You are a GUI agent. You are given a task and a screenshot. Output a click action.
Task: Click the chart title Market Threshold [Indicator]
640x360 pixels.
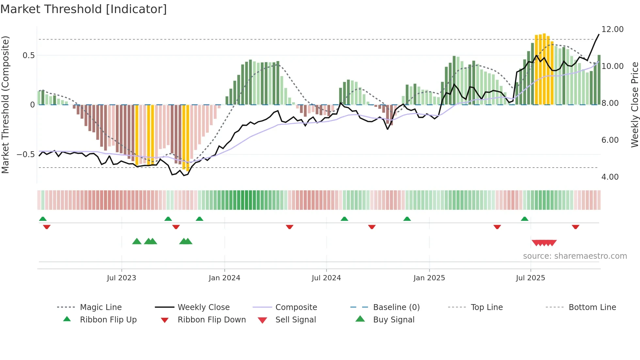[84, 9]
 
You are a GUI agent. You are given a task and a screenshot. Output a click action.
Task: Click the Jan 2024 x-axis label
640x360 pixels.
[224, 278]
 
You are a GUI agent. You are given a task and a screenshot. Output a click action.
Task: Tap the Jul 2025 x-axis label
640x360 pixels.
[530, 278]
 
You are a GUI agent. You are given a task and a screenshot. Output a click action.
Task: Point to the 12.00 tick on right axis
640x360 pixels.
[612, 29]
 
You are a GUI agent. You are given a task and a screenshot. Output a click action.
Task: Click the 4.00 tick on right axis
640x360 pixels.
[610, 177]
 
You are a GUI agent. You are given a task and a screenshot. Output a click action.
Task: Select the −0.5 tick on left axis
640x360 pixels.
[25, 155]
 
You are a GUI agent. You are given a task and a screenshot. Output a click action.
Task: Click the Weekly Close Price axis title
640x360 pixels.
[634, 105]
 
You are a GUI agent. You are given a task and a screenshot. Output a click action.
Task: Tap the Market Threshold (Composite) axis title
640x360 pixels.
[5, 105]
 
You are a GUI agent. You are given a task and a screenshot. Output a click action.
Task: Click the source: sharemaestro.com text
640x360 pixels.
[575, 256]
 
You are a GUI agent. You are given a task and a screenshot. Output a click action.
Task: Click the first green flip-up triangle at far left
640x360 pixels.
[43, 219]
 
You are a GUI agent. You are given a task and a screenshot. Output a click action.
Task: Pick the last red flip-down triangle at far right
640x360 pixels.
[575, 227]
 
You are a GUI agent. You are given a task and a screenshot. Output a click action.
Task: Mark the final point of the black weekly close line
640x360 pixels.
[599, 34]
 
